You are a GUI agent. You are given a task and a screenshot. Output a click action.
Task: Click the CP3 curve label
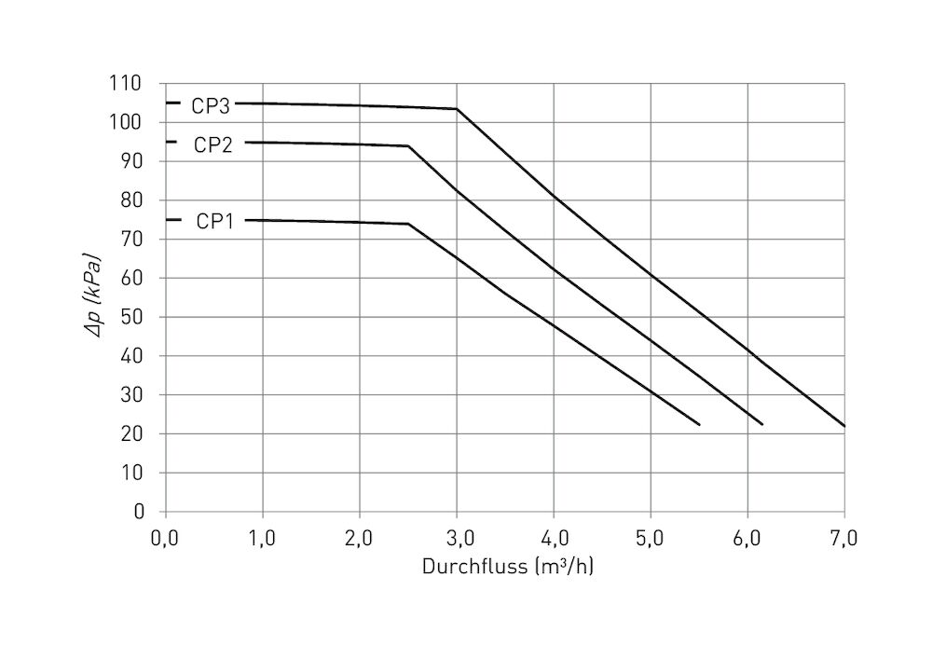pos(211,106)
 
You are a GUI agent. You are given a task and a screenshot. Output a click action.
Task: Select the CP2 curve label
pos(212,145)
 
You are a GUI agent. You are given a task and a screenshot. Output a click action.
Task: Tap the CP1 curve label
pos(214,222)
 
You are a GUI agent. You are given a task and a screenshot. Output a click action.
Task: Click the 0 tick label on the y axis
pos(139,512)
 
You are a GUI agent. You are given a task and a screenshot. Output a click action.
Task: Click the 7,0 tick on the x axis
pos(843,538)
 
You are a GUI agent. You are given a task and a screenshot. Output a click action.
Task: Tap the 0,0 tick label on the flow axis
pos(165,538)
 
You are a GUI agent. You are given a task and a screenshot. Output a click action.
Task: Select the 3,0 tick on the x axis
pos(456,538)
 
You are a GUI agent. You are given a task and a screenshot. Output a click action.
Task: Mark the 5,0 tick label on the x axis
pos(650,538)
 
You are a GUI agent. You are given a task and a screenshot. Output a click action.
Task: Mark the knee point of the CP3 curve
pos(457,109)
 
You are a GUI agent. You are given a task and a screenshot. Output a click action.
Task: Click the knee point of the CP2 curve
pos(408,146)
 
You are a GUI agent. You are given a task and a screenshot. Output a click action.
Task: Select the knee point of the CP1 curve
pos(408,224)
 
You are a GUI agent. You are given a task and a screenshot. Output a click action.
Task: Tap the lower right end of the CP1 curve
pos(699,425)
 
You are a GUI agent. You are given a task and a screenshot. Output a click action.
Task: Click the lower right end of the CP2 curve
pos(762,424)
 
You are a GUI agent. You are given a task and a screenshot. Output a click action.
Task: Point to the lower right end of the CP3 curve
pos(844,426)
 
